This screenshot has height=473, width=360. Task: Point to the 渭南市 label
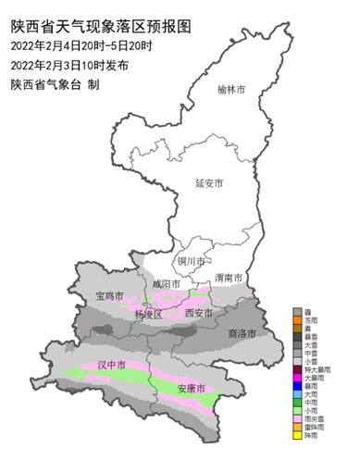coord(228,278)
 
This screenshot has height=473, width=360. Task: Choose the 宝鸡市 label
coord(109,296)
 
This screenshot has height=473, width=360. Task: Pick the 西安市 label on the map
coord(200,315)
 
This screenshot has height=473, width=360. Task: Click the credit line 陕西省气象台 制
coord(55,85)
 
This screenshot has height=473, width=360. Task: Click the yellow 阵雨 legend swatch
coord(296,434)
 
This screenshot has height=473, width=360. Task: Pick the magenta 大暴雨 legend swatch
coord(296,378)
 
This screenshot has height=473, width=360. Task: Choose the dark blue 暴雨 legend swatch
coord(296,386)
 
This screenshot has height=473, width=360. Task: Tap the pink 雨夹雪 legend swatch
coord(296,418)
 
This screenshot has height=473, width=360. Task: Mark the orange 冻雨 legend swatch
coord(296,321)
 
